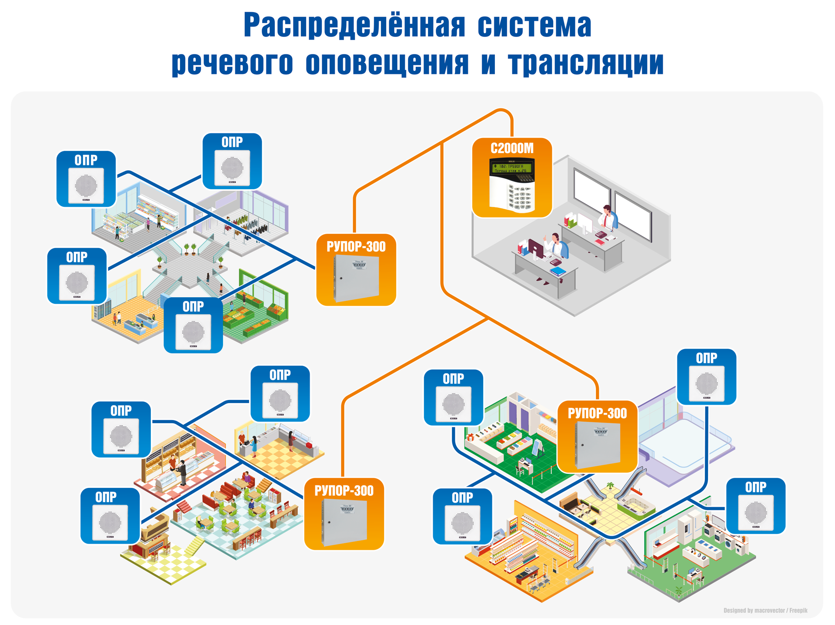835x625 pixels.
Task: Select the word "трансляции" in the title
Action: (x=585, y=63)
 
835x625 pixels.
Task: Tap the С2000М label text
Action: (x=512, y=149)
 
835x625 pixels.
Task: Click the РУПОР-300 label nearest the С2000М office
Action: (x=356, y=247)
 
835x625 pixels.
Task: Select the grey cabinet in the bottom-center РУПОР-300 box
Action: (x=344, y=522)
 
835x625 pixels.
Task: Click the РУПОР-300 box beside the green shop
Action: (x=597, y=436)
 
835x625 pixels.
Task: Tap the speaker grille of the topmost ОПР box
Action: (x=232, y=168)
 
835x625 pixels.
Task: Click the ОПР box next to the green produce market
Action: (x=193, y=325)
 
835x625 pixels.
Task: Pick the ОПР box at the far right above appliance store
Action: (x=755, y=505)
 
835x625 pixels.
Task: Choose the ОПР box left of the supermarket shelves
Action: (x=462, y=516)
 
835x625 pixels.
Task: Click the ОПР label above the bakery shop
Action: (x=121, y=411)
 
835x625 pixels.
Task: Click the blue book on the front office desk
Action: (x=558, y=272)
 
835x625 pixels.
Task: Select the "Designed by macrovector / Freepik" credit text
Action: (x=765, y=610)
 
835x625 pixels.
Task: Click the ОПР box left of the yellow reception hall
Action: (x=77, y=276)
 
